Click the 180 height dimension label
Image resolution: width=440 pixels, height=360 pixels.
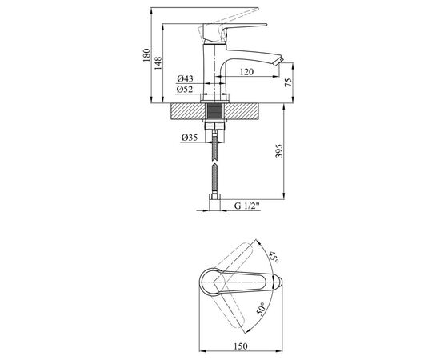[x=146, y=55]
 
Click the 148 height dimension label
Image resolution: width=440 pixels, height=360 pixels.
[x=158, y=63]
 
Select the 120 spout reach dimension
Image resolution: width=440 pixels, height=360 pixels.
[x=246, y=72]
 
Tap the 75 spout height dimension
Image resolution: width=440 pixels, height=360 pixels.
[x=288, y=82]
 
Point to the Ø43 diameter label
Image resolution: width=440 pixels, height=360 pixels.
[x=185, y=78]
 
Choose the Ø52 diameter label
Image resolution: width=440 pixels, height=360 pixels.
[x=185, y=90]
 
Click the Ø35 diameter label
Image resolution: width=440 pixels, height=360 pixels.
[x=190, y=138]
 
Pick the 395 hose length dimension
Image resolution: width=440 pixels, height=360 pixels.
[x=279, y=151]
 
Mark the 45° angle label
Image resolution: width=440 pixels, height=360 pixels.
[x=274, y=258]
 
